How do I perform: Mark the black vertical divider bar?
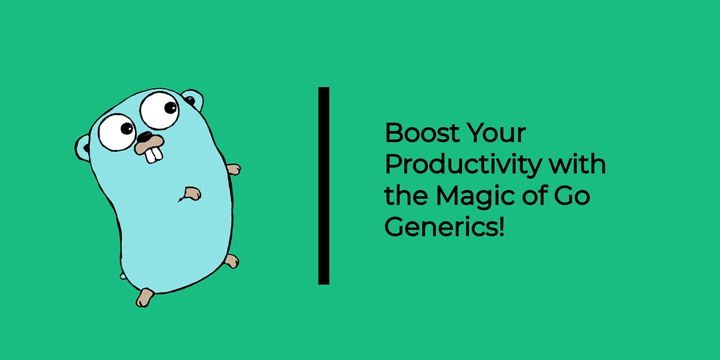[324, 185]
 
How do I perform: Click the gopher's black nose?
[146, 137]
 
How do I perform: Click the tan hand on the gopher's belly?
[192, 193]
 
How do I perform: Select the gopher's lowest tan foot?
[144, 297]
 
